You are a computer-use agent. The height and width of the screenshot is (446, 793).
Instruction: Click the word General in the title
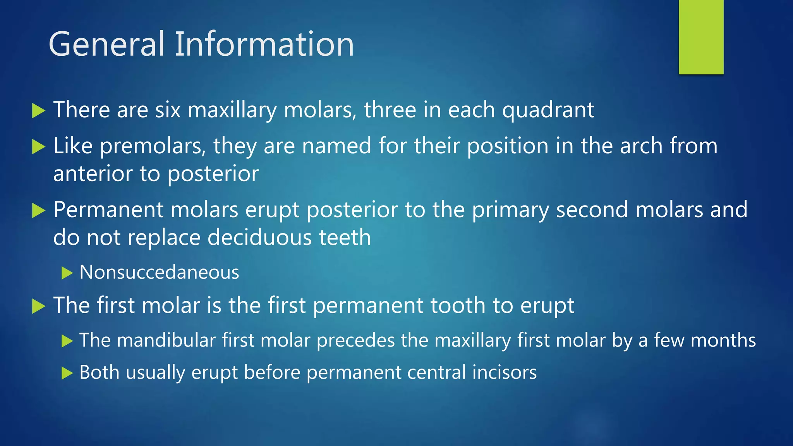pyautogui.click(x=107, y=45)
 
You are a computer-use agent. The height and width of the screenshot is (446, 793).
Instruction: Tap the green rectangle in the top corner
pyautogui.click(x=701, y=37)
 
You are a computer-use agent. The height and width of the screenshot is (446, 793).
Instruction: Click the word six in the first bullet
pyautogui.click(x=168, y=110)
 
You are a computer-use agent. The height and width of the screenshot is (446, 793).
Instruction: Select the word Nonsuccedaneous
pyautogui.click(x=159, y=272)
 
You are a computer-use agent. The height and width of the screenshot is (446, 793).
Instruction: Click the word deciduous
pyautogui.click(x=259, y=237)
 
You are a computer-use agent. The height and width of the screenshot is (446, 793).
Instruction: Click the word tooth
pyautogui.click(x=458, y=305)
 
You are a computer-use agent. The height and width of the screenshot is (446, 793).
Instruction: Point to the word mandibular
pyautogui.click(x=166, y=340)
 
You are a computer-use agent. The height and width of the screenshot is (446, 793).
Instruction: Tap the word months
pyautogui.click(x=723, y=340)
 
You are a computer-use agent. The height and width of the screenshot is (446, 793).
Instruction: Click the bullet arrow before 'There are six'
pyautogui.click(x=38, y=111)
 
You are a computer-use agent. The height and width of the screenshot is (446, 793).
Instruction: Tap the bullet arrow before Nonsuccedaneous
pyautogui.click(x=67, y=273)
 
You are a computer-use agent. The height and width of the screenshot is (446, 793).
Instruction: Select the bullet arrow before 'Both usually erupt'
pyautogui.click(x=67, y=373)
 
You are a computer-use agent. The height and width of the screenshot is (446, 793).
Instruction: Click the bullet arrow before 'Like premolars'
pyautogui.click(x=38, y=147)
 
